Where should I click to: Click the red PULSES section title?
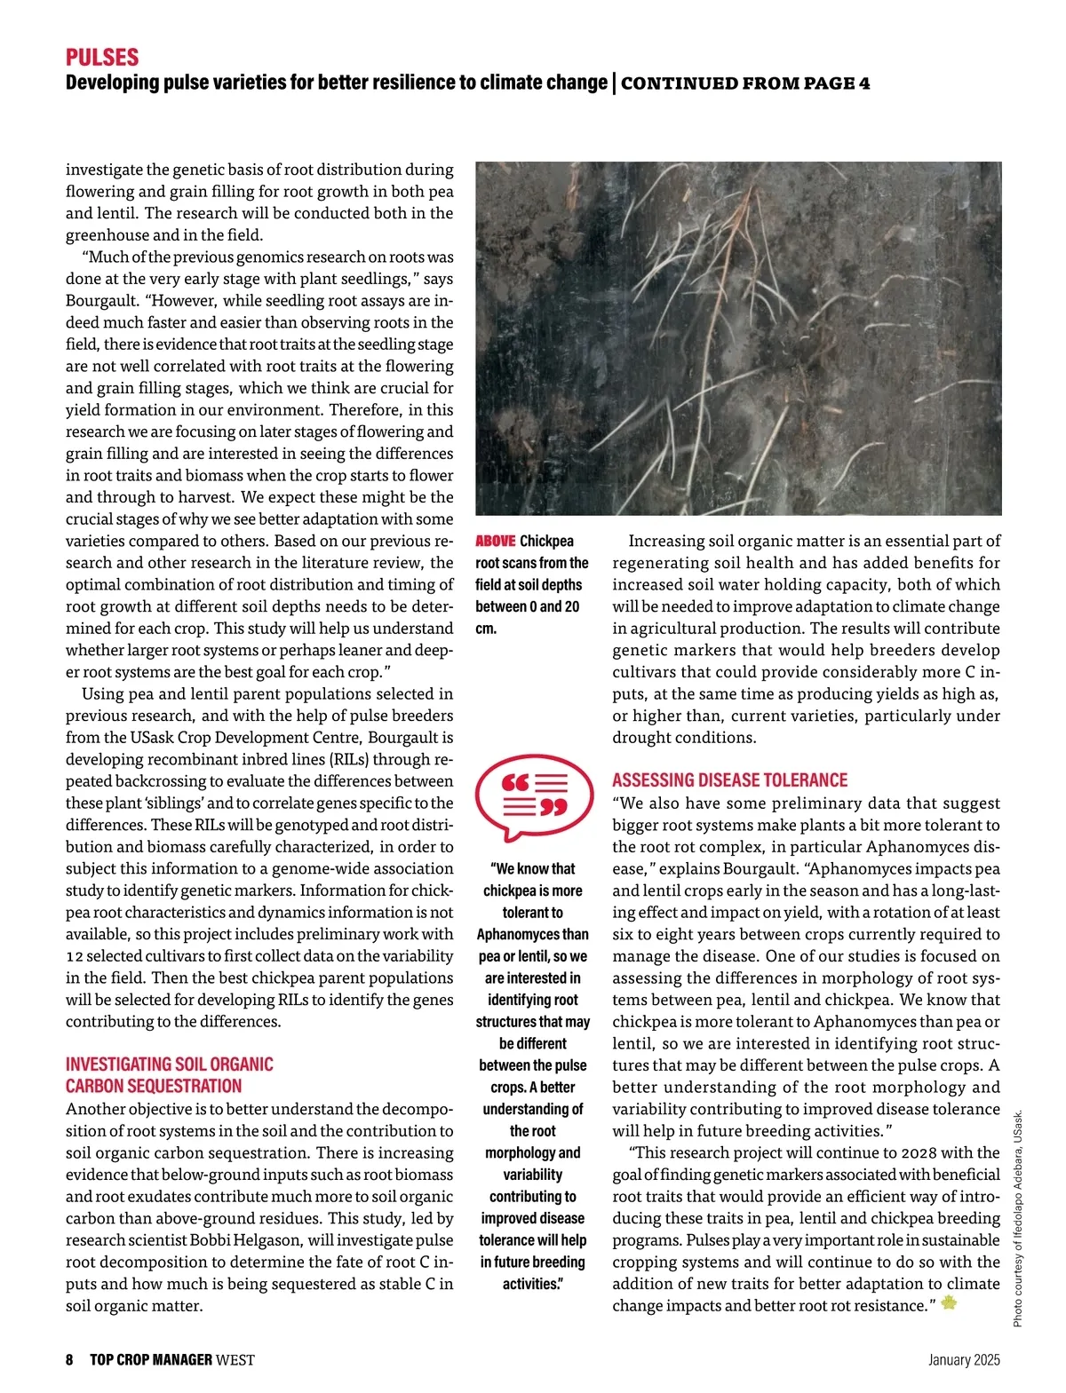tap(102, 58)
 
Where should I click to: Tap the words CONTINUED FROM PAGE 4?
tap(745, 83)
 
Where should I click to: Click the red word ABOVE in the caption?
tap(495, 541)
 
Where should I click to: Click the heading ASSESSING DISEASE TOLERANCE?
tap(729, 780)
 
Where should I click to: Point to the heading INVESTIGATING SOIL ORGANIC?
tap(169, 1064)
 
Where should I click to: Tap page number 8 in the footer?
tap(69, 1360)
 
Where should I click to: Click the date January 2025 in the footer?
tap(964, 1360)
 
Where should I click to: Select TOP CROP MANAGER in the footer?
tap(151, 1360)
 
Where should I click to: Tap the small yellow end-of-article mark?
tap(949, 1303)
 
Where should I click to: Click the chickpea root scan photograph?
tap(738, 337)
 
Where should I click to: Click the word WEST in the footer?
tap(235, 1360)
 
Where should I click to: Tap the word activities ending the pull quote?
tap(532, 1284)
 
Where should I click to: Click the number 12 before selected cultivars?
tap(75, 956)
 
